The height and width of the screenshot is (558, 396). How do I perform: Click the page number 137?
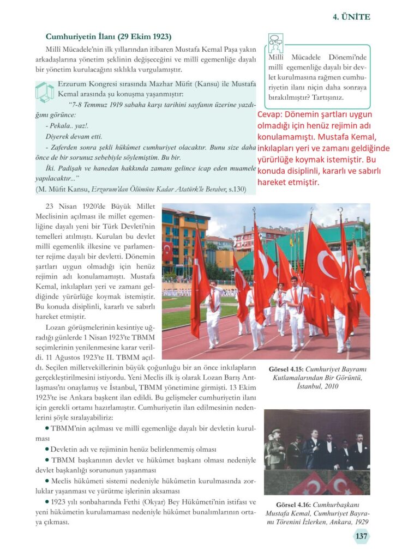[361, 536]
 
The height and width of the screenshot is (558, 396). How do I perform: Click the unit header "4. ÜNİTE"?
[351, 17]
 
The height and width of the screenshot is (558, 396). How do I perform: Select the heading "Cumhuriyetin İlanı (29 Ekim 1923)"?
[109, 37]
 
